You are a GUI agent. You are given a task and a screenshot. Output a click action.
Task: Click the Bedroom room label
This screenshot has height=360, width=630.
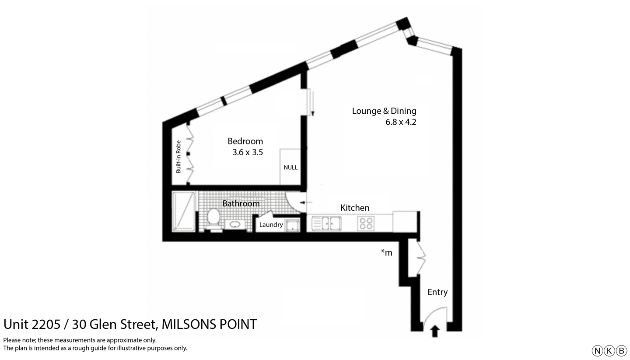pos(245,141)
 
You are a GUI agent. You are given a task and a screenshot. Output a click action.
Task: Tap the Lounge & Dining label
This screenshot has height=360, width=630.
pos(384,111)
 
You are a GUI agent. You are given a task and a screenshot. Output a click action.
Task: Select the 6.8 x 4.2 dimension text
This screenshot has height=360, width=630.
pos(400,122)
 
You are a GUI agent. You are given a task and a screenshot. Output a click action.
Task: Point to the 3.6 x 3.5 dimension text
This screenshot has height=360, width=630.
pos(248,153)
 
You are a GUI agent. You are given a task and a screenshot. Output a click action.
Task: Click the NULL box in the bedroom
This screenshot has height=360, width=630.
pos(290,168)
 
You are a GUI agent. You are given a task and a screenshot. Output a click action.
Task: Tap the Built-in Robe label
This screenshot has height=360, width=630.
pos(178,157)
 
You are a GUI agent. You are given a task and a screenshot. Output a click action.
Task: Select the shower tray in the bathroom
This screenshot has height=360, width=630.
pos(183,211)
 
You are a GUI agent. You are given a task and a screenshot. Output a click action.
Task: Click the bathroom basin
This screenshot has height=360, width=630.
pos(235,224)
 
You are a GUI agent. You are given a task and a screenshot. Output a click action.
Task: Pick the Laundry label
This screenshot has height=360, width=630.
pos(271,225)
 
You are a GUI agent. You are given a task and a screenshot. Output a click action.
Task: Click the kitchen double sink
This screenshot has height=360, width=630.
pos(326,224)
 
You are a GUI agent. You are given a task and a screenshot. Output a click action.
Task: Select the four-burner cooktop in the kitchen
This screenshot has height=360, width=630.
pos(365,224)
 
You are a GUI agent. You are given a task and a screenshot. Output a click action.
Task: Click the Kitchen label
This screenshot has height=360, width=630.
pos(355,208)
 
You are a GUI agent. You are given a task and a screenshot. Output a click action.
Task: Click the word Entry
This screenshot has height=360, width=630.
pos(437,292)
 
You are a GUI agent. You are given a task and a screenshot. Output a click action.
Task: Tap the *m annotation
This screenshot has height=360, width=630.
pos(386,252)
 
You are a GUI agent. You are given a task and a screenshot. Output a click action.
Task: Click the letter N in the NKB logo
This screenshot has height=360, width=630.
pos(597,351)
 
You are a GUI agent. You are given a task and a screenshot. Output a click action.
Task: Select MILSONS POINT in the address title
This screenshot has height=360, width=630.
pos(209,325)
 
